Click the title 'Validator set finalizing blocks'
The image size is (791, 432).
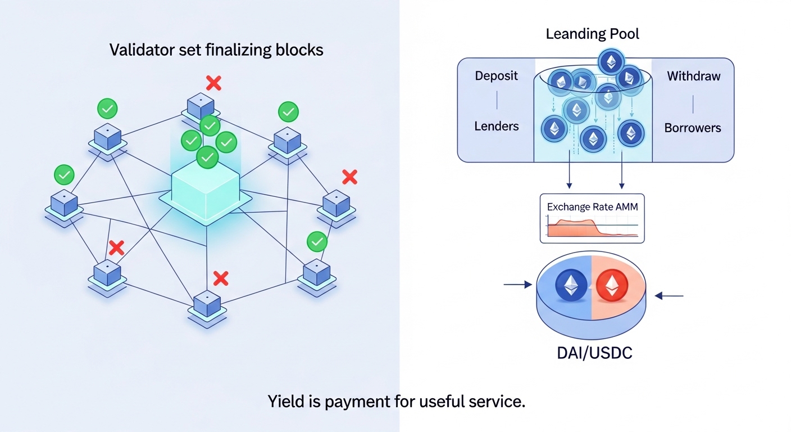click(216, 50)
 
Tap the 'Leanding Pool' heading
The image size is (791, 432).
click(593, 34)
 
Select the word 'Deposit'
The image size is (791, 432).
click(496, 76)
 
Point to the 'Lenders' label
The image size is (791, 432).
click(496, 126)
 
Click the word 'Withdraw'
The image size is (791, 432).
click(693, 76)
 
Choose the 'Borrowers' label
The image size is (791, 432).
click(692, 128)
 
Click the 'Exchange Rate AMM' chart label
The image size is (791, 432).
click(592, 207)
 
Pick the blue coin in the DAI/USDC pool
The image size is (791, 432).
click(571, 286)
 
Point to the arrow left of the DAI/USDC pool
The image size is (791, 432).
click(517, 285)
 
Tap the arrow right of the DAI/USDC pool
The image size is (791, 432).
click(669, 295)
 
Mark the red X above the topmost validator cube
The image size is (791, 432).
click(213, 84)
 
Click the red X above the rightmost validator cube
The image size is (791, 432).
click(349, 178)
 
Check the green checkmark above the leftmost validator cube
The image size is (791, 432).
click(64, 175)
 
